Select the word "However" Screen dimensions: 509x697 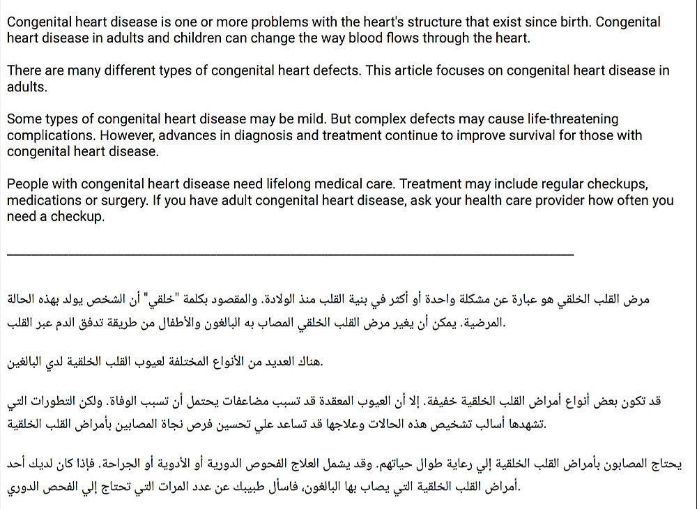point(105,135)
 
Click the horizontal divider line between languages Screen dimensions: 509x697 point(290,254)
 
